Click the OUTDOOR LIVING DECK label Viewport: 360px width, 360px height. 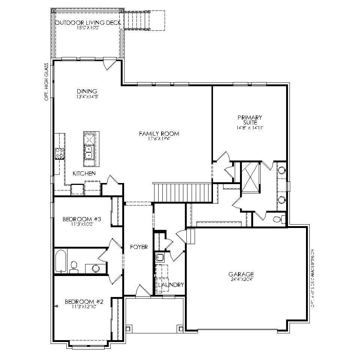click(x=88, y=23)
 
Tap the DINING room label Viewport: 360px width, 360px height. click(x=87, y=91)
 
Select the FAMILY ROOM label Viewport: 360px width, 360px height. click(x=159, y=133)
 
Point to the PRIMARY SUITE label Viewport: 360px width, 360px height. click(x=250, y=120)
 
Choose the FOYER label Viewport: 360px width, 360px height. click(x=139, y=247)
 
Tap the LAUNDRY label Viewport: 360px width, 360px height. click(x=171, y=285)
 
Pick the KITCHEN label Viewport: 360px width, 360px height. click(x=84, y=173)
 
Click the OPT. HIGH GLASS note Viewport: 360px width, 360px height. click(x=47, y=82)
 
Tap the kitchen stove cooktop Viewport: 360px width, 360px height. click(x=60, y=153)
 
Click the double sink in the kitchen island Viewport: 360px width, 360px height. click(x=89, y=152)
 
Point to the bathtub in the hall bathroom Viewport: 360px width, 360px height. click(x=60, y=261)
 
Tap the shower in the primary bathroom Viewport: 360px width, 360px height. click(x=250, y=177)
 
